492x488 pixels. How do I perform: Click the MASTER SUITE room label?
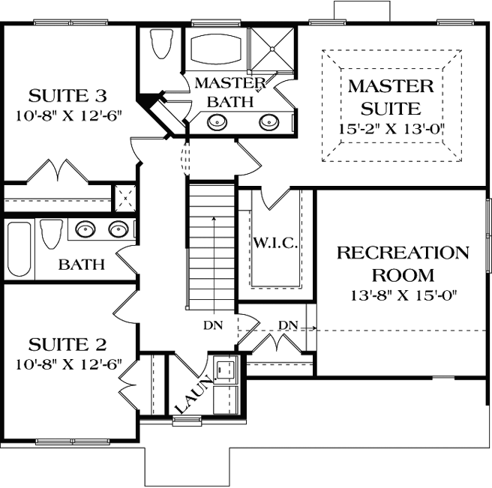coord(390,97)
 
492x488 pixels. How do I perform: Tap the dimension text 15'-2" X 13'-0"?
coord(390,127)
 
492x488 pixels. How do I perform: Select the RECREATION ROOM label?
coord(403,264)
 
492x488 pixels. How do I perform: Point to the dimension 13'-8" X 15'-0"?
coord(403,294)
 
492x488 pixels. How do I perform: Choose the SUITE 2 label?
coord(67,345)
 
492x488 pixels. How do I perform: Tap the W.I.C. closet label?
coord(277,244)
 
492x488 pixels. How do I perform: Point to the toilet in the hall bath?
coord(49,233)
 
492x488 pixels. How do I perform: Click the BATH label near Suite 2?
coord(82,265)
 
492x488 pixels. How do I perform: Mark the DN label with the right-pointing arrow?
coord(289,325)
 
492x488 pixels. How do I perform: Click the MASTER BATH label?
coord(229,91)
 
